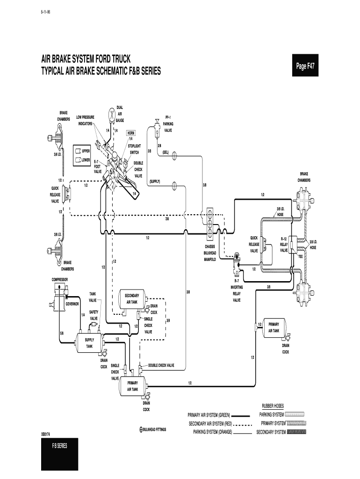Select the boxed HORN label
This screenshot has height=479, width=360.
point(130,133)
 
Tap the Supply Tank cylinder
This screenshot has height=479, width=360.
point(90,343)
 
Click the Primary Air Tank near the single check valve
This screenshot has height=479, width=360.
point(132,386)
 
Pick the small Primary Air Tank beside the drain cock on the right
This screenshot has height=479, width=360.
point(274,327)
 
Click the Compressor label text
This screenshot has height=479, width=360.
point(60,279)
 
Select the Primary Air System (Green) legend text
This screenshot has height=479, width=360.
point(209,415)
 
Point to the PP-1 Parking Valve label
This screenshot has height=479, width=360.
point(168,124)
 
